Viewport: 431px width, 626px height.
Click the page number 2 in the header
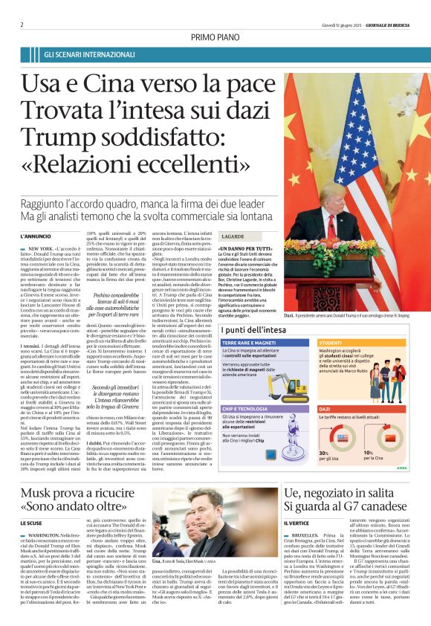[23, 24]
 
